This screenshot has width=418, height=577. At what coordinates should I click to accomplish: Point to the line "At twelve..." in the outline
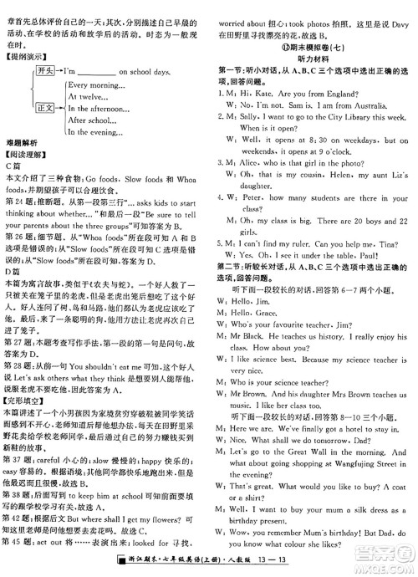pyautogui.click(x=88, y=97)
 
